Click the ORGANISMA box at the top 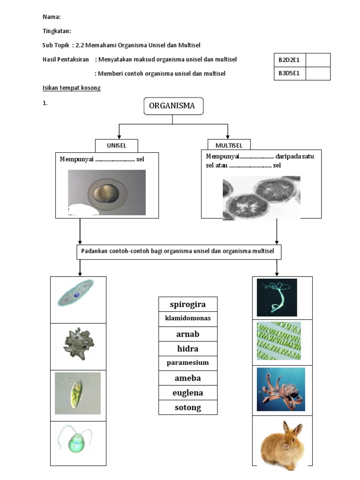tap(173, 106)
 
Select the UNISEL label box tap(117, 145)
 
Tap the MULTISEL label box tap(229, 145)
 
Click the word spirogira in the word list tap(187, 304)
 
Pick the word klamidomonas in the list tap(187, 318)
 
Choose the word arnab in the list tap(187, 334)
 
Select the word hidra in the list tap(187, 349)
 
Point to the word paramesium tap(187, 363)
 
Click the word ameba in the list tap(187, 378)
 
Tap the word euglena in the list tap(187, 393)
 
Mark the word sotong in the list tap(187, 407)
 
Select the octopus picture tap(281, 389)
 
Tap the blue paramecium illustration tap(76, 293)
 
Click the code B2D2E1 tap(289, 60)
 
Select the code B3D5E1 tap(289, 74)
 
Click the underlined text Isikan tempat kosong tap(71, 88)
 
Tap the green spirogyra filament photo tap(279, 341)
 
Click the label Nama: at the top tap(52, 17)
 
